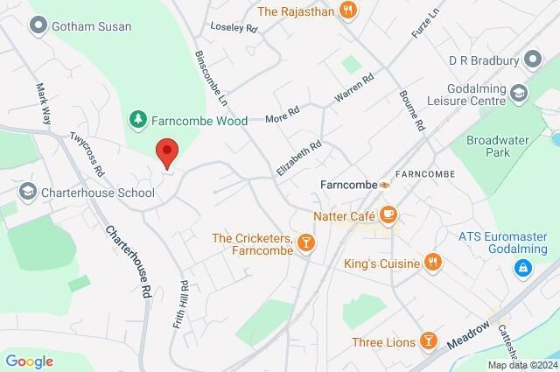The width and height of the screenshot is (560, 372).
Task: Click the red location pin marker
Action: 166,152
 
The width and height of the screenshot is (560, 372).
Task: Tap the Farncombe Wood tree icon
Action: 136,117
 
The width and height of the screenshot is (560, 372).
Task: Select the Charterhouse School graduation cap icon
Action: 28,190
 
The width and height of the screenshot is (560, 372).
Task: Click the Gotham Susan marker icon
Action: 37,26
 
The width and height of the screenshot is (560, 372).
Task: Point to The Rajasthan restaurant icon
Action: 350,11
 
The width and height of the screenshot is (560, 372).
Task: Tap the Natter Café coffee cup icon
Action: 388,214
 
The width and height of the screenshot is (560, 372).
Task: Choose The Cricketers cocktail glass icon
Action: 306,242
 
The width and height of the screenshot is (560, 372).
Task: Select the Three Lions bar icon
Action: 428,340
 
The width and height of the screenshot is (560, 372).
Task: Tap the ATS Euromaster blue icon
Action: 523,267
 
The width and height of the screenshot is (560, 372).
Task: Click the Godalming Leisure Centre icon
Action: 520,92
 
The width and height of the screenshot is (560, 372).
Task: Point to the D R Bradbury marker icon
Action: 530,60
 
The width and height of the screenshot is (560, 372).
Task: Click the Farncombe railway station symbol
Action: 384,185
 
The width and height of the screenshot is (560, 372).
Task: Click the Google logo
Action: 29,361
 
